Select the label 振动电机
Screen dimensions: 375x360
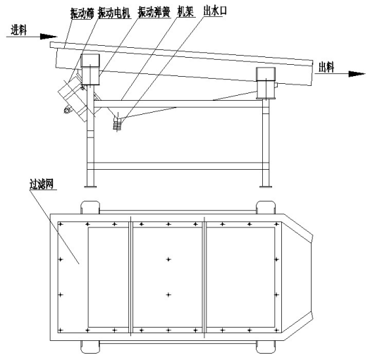pyautogui.click(x=114, y=13)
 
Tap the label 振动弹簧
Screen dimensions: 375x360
pyautogui.click(x=154, y=13)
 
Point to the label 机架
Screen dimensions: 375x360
pyautogui.click(x=185, y=11)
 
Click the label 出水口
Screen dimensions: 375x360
pyautogui.click(x=215, y=11)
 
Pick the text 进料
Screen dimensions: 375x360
pyautogui.click(x=18, y=30)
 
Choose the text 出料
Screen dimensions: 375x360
pyautogui.click(x=326, y=67)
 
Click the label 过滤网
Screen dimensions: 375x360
pyautogui.click(x=42, y=184)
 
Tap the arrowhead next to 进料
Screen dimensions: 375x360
pyautogui.click(x=49, y=37)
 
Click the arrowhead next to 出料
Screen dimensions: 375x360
pyautogui.click(x=357, y=74)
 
